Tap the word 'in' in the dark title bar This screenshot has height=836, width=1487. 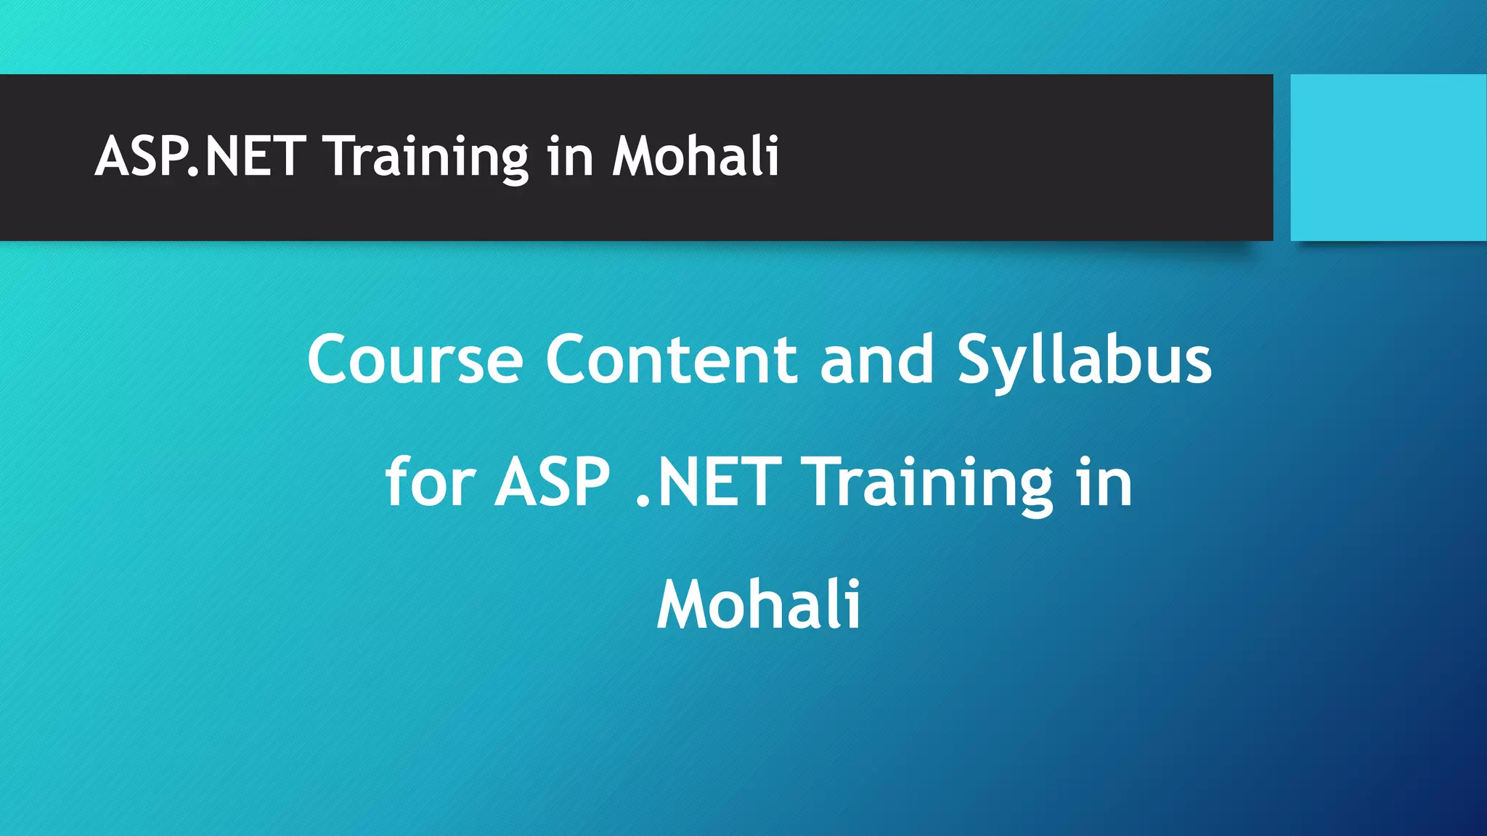tap(571, 157)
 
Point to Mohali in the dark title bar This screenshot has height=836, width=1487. tap(696, 156)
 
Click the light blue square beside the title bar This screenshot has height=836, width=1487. tap(1388, 157)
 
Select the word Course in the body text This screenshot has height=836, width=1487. tap(415, 360)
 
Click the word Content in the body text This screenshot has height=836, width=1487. tap(672, 358)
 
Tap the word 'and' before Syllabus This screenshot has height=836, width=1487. tap(876, 358)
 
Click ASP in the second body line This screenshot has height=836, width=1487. tap(552, 482)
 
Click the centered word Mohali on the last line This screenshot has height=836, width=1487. tap(759, 605)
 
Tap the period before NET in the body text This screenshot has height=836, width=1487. tap(642, 500)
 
